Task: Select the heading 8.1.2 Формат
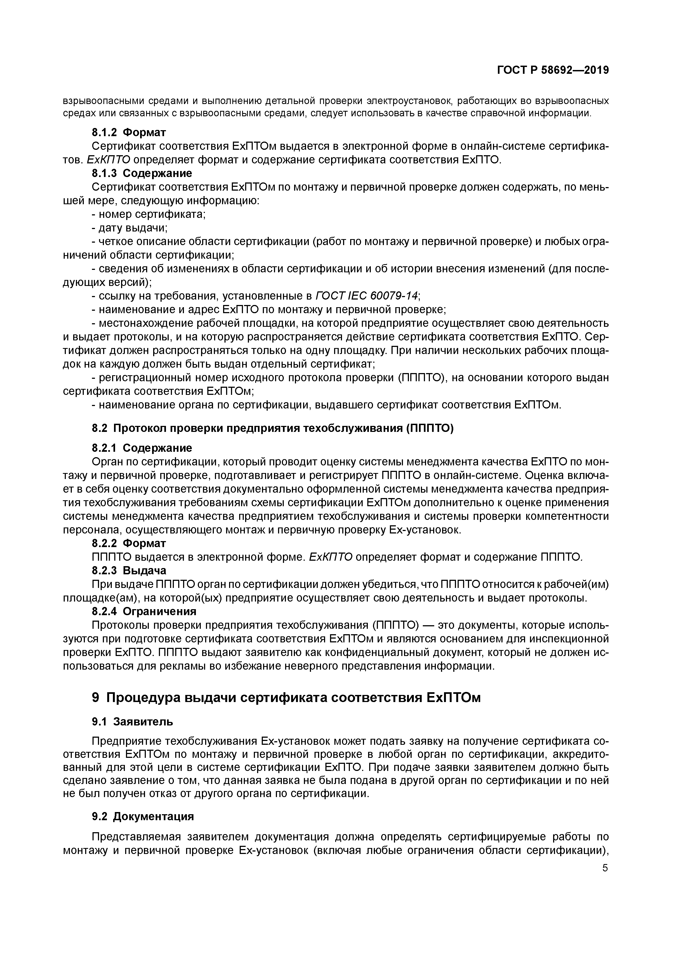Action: click(x=129, y=133)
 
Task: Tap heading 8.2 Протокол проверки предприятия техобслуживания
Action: click(x=272, y=428)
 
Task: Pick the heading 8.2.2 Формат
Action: click(x=129, y=543)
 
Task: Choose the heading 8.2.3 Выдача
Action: click(x=129, y=570)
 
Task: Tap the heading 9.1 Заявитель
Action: click(x=132, y=721)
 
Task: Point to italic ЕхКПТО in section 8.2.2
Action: click(x=331, y=557)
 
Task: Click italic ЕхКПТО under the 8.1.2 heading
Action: click(x=109, y=160)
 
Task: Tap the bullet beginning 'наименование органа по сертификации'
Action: click(x=326, y=405)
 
